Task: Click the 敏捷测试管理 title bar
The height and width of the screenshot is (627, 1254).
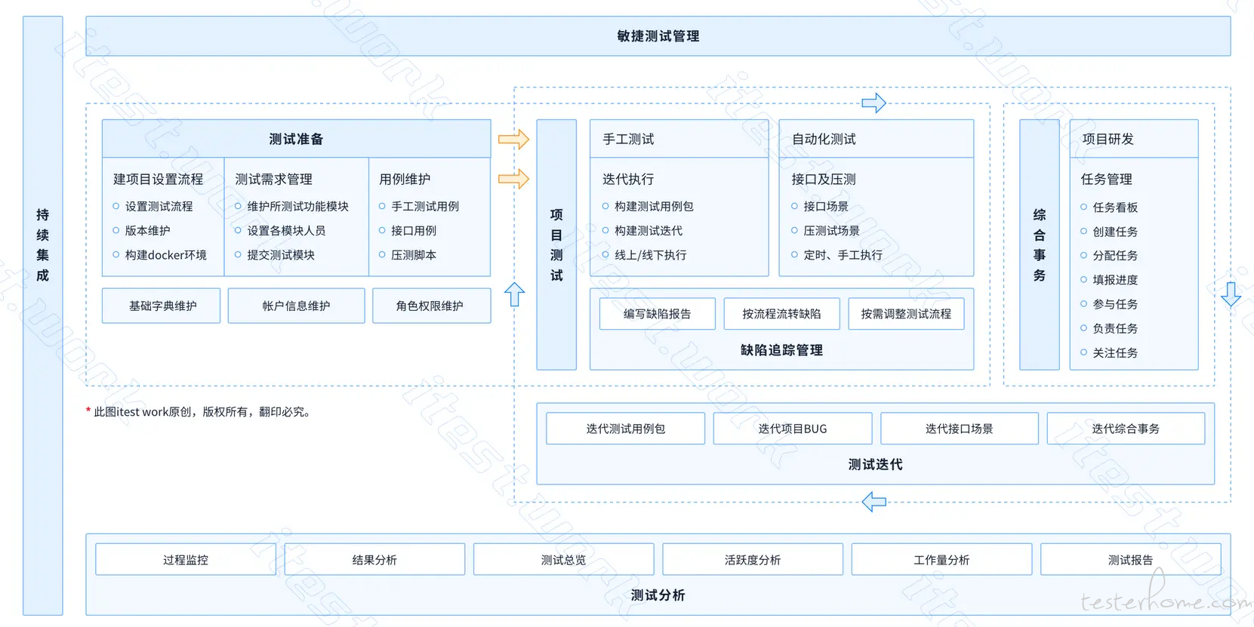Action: [x=658, y=35]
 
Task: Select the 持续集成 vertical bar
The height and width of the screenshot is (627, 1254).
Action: [x=42, y=315]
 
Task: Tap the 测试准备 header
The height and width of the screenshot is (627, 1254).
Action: [x=296, y=139]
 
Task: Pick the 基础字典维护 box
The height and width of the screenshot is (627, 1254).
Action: [x=162, y=306]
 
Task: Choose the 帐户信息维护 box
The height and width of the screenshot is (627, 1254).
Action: [x=296, y=306]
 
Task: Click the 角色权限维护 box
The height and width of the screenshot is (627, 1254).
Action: [x=432, y=306]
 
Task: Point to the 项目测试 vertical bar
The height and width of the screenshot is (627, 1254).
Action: [x=556, y=244]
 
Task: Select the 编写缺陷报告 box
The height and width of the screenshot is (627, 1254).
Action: [x=658, y=314]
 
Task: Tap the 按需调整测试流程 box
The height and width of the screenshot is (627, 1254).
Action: [x=906, y=314]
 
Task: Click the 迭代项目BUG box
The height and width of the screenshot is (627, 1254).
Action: [x=793, y=429]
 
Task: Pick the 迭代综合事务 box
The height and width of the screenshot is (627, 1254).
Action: [x=1126, y=429]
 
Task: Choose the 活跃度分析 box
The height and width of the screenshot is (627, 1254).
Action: [x=753, y=559]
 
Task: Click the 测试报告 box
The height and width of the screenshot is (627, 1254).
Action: [x=1130, y=559]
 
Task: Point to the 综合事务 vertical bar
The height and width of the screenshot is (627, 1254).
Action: [x=1040, y=244]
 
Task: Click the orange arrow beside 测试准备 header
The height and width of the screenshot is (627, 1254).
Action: [x=514, y=140]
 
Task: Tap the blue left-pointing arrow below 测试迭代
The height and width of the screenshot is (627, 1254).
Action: [x=874, y=502]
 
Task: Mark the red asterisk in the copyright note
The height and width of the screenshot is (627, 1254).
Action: [x=88, y=411]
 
